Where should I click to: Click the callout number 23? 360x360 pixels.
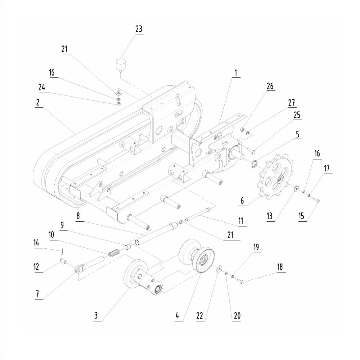pos(139,29)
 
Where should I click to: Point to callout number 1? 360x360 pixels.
pos(236,73)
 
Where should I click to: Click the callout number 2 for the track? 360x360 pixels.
pos(38,102)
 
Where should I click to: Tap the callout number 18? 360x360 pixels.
pos(280,267)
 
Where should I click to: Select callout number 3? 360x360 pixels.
pos(96,316)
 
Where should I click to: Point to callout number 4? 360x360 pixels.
pos(177,316)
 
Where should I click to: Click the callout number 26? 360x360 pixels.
pos(270,86)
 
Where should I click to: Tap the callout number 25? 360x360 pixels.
pos(297,115)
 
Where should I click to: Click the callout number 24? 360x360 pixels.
pos(42,87)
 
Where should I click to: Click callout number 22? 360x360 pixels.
pos(200,316)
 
